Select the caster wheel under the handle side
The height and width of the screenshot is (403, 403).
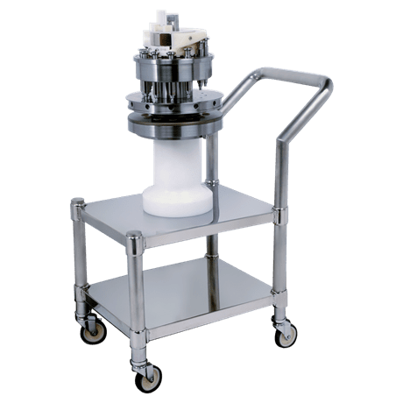click(x=286, y=334)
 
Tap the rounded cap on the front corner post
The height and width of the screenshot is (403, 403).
click(x=134, y=237)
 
